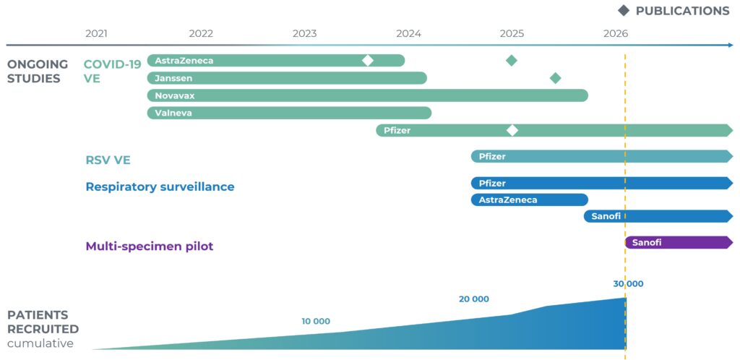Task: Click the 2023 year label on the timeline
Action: coord(304,33)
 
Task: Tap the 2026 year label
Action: coord(616,33)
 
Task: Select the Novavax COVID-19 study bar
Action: coord(368,95)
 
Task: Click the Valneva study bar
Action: coord(289,113)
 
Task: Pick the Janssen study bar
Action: coord(287,78)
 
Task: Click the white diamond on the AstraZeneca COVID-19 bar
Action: coord(368,61)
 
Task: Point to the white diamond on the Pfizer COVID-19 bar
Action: coord(512,131)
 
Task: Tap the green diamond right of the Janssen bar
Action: coord(556,78)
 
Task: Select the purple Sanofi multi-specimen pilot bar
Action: coord(679,242)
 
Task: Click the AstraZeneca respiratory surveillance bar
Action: coord(530,200)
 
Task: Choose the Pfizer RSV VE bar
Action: coord(602,157)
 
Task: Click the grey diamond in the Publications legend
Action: coord(624,11)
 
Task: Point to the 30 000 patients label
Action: coord(628,284)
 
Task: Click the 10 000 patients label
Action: coord(316,322)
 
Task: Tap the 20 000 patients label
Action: coord(474,299)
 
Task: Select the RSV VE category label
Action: coord(108,160)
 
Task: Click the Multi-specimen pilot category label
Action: coord(150,247)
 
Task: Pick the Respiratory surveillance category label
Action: coord(160,187)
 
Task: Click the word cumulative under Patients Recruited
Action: coord(40,343)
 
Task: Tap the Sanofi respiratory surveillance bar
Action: coord(658,217)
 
